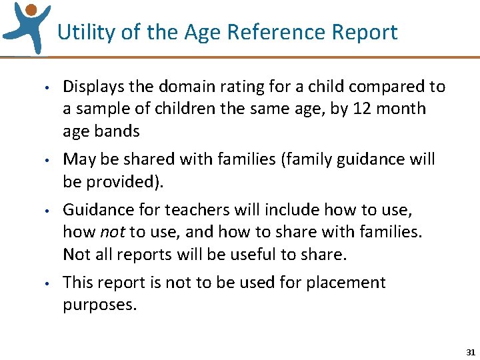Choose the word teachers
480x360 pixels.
pos(192,211)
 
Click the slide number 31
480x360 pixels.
pos(471,351)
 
